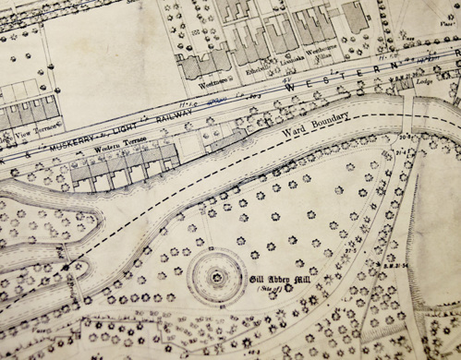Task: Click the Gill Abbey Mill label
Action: tap(280, 278)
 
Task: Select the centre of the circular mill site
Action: tap(214, 275)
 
